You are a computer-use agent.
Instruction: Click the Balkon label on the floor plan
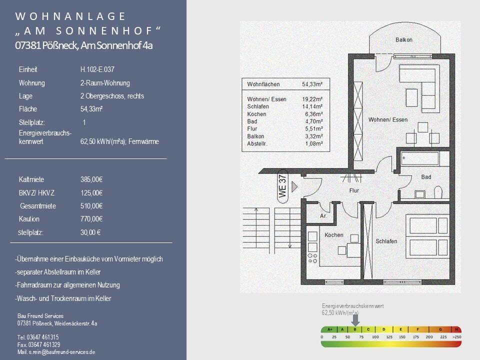[x=404, y=40]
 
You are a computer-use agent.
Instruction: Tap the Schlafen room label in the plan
[x=386, y=241]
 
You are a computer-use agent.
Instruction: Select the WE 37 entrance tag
[x=282, y=186]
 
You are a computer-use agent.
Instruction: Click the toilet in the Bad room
[x=438, y=191]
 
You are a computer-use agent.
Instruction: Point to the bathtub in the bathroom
[x=420, y=158]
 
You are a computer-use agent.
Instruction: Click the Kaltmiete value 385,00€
[x=91, y=179]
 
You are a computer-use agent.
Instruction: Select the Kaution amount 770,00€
[x=91, y=219]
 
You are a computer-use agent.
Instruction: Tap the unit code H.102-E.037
[x=97, y=69]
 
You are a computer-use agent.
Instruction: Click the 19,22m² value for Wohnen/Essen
[x=312, y=99]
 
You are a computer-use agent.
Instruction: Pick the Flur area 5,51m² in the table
[x=314, y=129]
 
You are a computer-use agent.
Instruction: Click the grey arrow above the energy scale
[x=355, y=319]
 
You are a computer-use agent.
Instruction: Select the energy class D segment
[x=384, y=329]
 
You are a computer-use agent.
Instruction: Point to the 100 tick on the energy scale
[x=375, y=337]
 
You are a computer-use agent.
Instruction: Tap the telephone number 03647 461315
[x=43, y=337]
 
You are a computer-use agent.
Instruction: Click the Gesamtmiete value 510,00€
[x=91, y=206]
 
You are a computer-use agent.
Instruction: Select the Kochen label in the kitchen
[x=333, y=235]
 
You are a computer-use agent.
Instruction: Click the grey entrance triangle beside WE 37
[x=294, y=186]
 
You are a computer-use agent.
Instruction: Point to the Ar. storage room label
[x=323, y=216]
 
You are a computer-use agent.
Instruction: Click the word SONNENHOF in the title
[x=104, y=31]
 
